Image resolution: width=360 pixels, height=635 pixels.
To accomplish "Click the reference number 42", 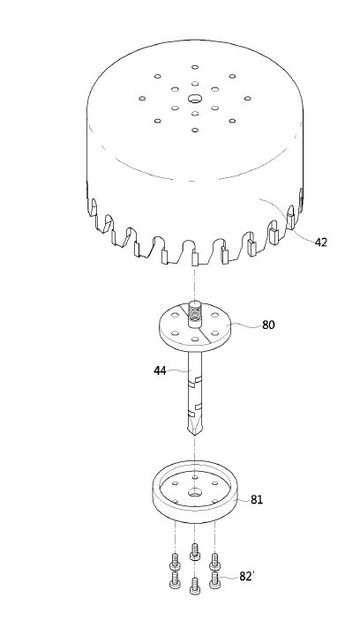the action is point(320,243).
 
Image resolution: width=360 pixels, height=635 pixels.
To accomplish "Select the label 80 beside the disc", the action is point(268,325).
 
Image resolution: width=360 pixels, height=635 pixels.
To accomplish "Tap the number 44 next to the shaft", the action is point(160,370).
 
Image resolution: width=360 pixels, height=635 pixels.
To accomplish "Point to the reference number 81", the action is point(257,500).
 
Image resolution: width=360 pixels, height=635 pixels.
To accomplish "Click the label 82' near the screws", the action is point(246,576).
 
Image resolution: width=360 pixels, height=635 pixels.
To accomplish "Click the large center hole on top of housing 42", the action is point(195,99).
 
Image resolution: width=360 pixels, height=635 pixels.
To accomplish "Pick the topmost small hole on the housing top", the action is point(195,67).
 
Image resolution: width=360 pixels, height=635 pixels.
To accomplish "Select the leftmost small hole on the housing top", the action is point(142,99).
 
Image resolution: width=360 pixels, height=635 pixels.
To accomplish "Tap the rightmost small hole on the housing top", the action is point(247,99).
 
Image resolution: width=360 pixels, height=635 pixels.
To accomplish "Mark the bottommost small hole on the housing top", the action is point(195,130).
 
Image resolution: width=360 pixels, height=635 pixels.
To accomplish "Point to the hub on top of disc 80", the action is point(195,313).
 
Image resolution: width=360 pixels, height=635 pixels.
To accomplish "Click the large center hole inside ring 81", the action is point(195,492).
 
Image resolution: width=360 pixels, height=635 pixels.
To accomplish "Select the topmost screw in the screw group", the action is point(195,551).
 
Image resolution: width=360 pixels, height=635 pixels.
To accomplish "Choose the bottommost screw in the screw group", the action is point(195,586).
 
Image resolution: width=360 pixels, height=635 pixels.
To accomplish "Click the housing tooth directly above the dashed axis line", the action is point(195,258).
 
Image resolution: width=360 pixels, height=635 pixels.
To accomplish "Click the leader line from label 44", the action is point(178,370).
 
